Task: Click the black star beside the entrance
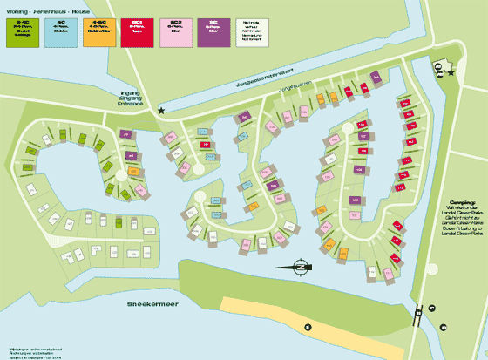(162, 111)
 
